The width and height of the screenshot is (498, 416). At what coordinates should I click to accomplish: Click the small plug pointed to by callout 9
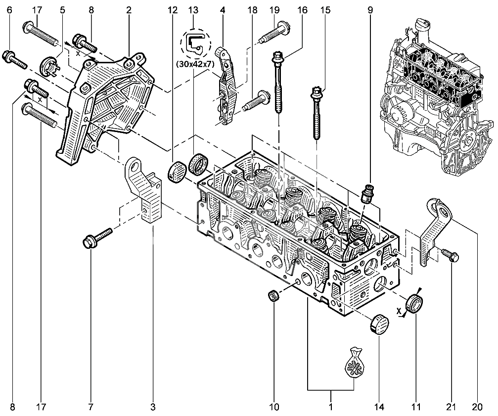point(367,193)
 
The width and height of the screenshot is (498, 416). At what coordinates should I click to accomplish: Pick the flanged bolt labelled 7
point(99,237)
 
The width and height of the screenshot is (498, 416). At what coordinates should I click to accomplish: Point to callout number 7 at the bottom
point(91,407)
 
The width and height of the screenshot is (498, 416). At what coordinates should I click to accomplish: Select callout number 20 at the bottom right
point(476,407)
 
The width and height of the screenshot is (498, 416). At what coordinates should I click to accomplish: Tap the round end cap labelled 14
point(379,324)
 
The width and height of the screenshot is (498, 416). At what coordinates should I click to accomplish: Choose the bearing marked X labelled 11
point(414,303)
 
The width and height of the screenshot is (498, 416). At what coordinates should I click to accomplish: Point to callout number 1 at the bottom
point(330,407)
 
